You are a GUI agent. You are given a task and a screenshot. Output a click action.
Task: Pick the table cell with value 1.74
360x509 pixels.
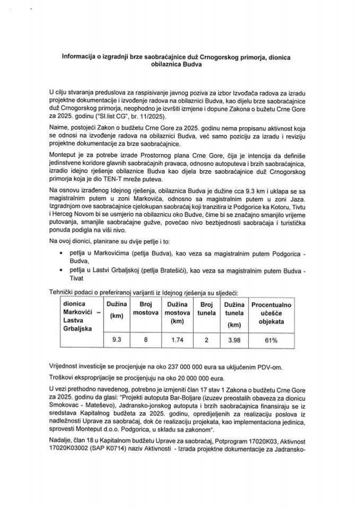pyautogui.click(x=177, y=340)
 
